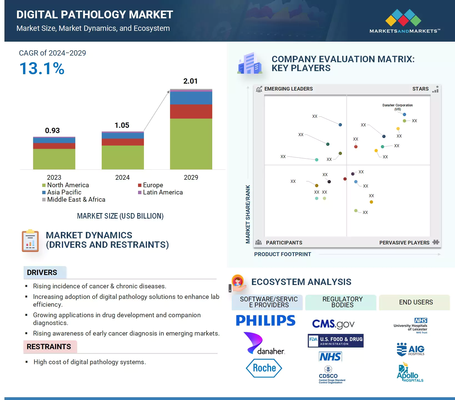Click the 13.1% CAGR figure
coord(42,69)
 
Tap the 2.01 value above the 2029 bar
coord(190,81)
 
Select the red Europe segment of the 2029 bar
coord(191,111)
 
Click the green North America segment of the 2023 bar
coord(54,159)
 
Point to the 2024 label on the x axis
coord(122,177)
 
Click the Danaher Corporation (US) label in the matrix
coord(397,107)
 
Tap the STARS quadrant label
coord(420,89)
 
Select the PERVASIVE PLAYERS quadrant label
coord(404,243)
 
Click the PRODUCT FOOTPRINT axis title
coord(282,254)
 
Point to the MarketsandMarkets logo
coord(404,21)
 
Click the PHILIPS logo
coord(266,321)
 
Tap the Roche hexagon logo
coord(264,368)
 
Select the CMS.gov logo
coord(333,324)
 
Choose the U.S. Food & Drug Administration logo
coord(336,341)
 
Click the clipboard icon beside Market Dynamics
coord(30,241)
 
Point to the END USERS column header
coord(416,302)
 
